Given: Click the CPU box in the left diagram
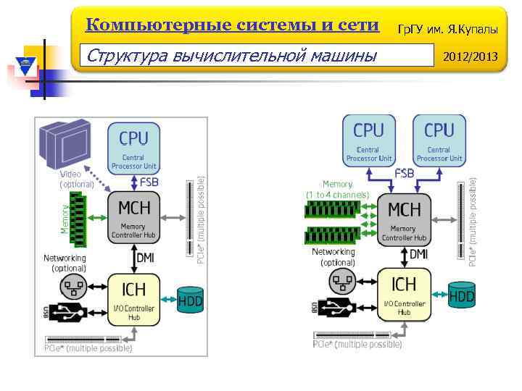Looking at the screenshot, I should pos(133,148).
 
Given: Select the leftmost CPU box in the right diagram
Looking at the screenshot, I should pos(369,140).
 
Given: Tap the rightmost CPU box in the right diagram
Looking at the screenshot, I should pos(439,140).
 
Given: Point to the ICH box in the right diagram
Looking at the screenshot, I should pos(404,294).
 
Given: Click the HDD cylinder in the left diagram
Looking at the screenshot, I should pos(191,300).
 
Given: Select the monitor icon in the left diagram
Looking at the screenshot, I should pos(64,144).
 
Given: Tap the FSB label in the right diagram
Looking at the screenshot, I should pos(405,174).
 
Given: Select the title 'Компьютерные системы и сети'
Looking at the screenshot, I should pos(232,25).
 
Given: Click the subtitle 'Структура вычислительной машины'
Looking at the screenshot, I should pos(231,54).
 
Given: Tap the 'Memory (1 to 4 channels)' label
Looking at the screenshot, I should pos(338,190).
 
